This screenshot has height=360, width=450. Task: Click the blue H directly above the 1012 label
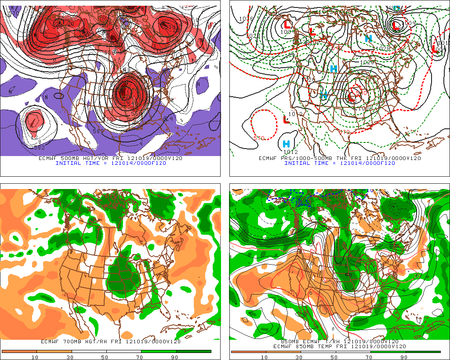(x=286, y=144)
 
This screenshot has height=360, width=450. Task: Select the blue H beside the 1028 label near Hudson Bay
(x=368, y=39)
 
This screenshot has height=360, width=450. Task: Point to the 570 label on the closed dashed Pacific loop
(x=259, y=138)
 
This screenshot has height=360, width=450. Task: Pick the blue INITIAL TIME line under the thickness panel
(x=339, y=163)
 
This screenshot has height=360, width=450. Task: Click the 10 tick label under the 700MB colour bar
(x=34, y=357)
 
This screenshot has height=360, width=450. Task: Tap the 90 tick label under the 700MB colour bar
(x=174, y=357)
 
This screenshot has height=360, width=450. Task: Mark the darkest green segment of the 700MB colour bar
(x=193, y=352)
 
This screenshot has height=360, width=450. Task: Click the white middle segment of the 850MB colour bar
(x=335, y=352)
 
